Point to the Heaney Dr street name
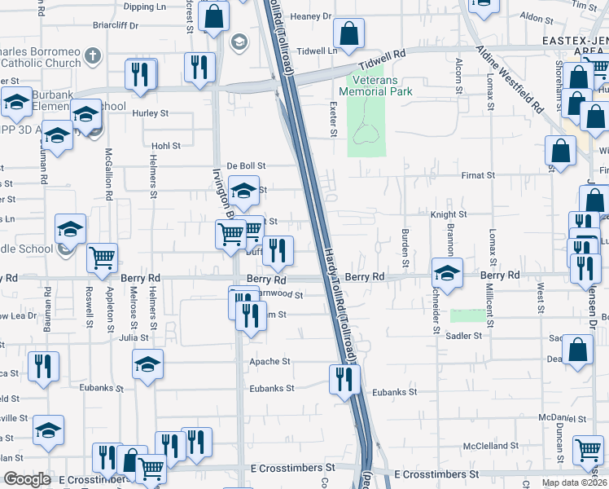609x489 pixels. click(x=310, y=16)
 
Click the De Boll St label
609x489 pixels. click(x=247, y=166)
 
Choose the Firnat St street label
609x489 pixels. click(x=478, y=175)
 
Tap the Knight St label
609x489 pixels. click(x=448, y=214)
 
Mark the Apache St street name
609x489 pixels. click(x=269, y=361)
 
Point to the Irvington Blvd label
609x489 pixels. click(x=225, y=192)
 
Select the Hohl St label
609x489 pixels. click(x=165, y=146)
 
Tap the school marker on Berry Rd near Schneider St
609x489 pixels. click(x=445, y=272)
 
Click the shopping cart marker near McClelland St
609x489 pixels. click(x=588, y=449)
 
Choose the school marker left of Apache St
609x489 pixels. click(x=147, y=363)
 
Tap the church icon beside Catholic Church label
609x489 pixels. click(x=93, y=56)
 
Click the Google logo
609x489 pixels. click(x=27, y=479)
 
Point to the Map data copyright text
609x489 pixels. click(x=574, y=482)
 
